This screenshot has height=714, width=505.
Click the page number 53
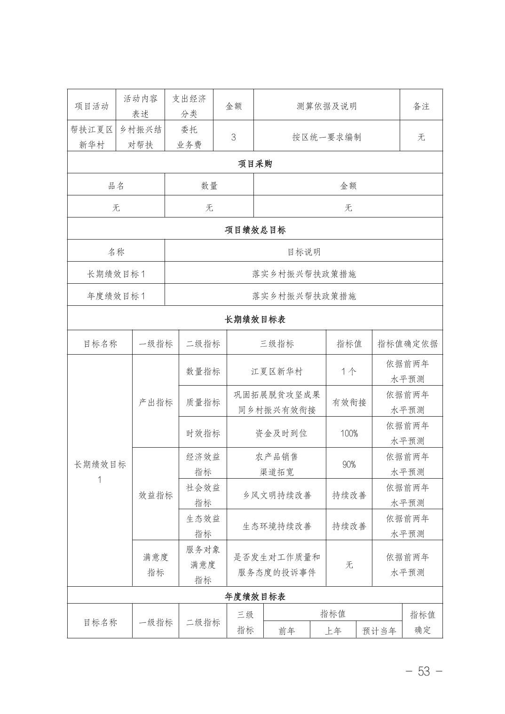[x=424, y=672]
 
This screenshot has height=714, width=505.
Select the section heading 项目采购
[x=255, y=163]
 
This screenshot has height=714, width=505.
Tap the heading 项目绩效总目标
[x=255, y=230]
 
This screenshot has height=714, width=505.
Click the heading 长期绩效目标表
[x=255, y=319]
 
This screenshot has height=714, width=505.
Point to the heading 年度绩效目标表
[x=255, y=597]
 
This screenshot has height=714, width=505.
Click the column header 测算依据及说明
[x=326, y=106]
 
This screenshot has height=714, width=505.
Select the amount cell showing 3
[x=234, y=137]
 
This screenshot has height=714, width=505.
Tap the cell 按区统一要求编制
[x=326, y=137]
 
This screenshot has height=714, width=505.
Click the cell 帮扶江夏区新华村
[x=91, y=137]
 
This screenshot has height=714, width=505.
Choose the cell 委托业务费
[x=189, y=137]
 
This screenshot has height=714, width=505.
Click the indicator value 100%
[x=349, y=433]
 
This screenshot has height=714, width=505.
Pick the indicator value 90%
[x=349, y=464]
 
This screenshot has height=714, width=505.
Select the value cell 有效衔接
[x=349, y=402]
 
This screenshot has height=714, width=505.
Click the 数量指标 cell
[x=203, y=371]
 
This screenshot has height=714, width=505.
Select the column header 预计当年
[x=379, y=631]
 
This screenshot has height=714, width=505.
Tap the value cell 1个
[x=349, y=371]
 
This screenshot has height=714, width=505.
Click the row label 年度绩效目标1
[x=116, y=296]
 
